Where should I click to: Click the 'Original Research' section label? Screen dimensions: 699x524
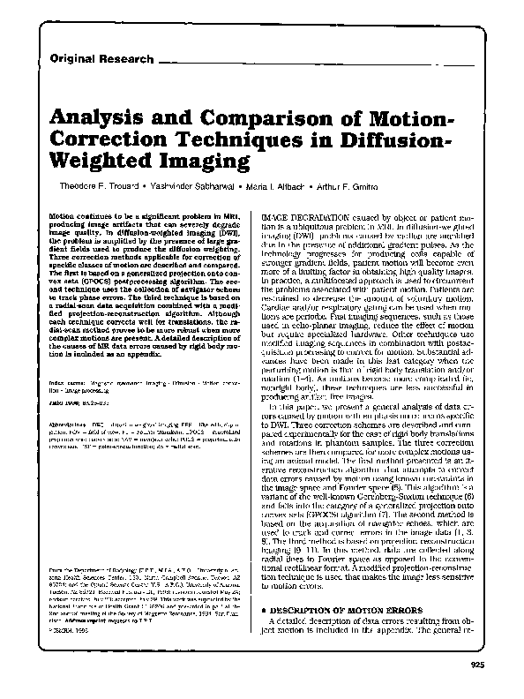[101, 59]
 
